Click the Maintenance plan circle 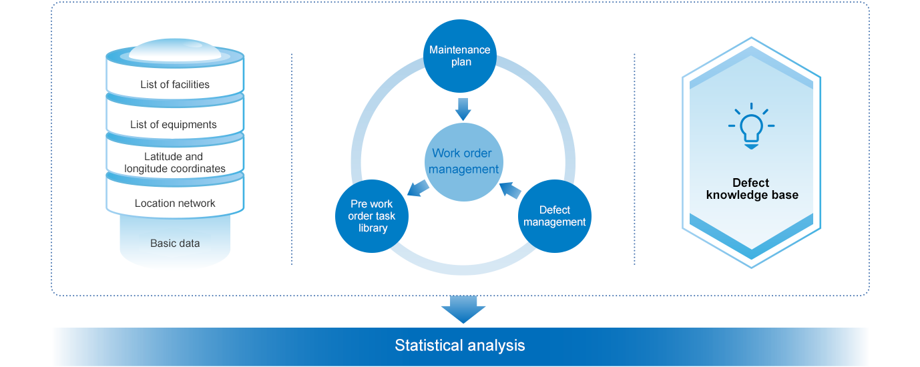459,56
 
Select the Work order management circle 464,162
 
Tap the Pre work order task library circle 372,216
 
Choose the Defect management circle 554,216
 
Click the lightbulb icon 751,126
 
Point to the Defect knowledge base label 752,189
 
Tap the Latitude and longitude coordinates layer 175,160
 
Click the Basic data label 175,244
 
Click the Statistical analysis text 460,345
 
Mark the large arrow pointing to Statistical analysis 463,310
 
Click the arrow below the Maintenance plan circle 463,109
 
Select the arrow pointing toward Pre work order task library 418,188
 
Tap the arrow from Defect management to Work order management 510,190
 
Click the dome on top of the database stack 175,50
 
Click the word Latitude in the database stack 161,157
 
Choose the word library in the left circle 373,228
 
